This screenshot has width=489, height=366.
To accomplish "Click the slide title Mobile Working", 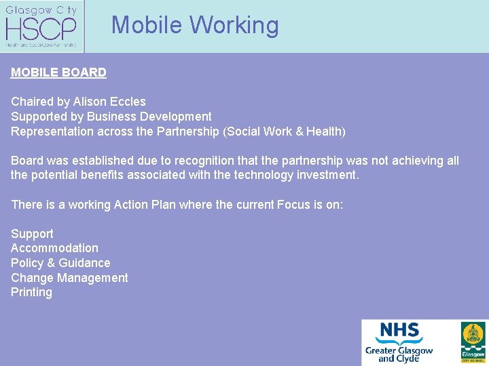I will click(x=195, y=25).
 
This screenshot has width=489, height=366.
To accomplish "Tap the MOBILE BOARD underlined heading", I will click(x=58, y=73).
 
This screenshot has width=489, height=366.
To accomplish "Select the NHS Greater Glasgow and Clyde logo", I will click(x=399, y=342).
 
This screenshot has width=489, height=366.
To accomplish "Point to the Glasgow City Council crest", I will click(x=473, y=342).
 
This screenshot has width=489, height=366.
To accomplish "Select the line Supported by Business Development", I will click(x=111, y=117).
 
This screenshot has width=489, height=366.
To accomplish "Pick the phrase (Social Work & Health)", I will click(x=284, y=131).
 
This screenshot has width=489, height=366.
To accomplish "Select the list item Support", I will click(x=32, y=234).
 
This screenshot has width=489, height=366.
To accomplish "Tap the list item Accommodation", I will click(x=54, y=249).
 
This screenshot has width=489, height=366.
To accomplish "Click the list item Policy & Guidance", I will click(x=60, y=263).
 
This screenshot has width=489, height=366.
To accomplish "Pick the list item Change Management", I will click(x=69, y=278).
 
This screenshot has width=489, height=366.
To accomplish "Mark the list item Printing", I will click(x=31, y=292).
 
